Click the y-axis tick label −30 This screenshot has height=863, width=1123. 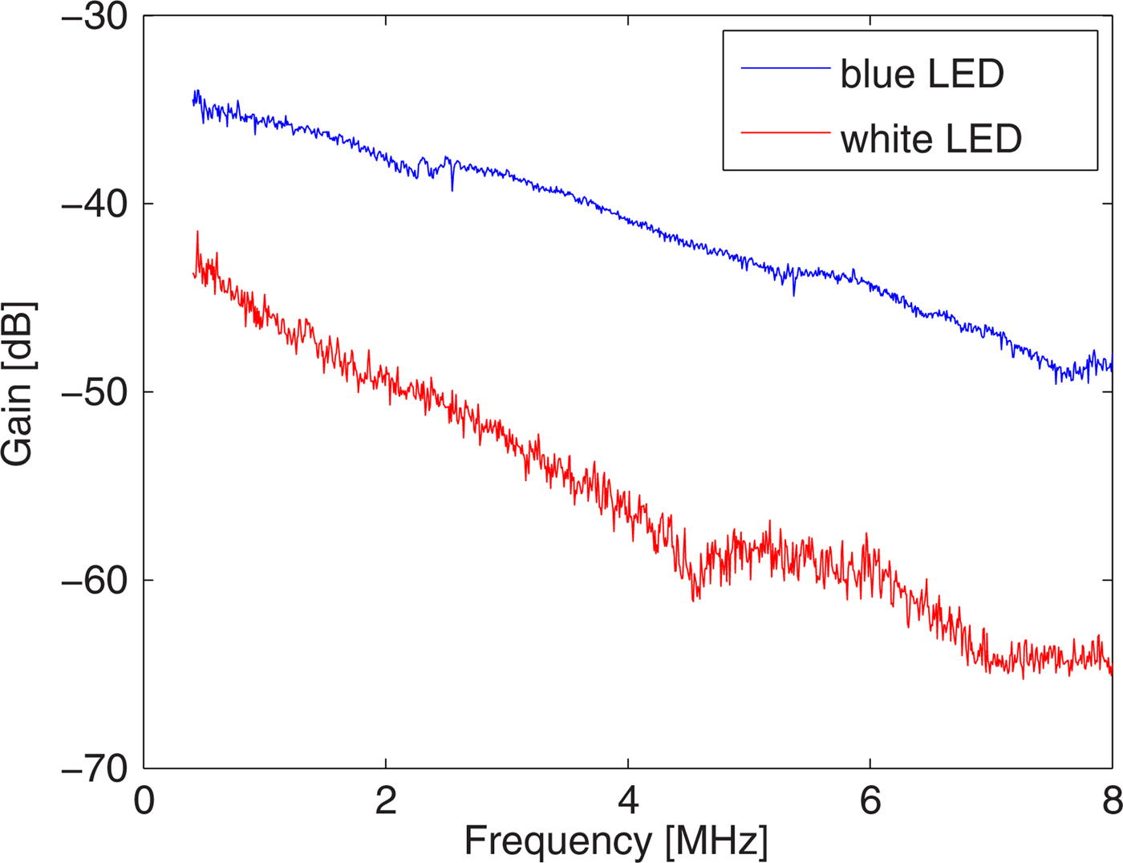(95, 18)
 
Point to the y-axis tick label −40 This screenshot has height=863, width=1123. (95, 205)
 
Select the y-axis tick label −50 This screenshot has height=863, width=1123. (95, 392)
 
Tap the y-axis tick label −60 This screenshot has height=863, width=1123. (95, 580)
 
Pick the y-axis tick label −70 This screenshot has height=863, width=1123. (95, 768)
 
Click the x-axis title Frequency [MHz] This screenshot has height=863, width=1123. (616, 841)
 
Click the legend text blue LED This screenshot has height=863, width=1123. (922, 74)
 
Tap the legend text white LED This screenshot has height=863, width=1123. (931, 139)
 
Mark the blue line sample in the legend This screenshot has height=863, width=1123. (785, 68)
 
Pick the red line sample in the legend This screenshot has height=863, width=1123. (785, 132)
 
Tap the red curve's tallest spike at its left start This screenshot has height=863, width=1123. (197, 233)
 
